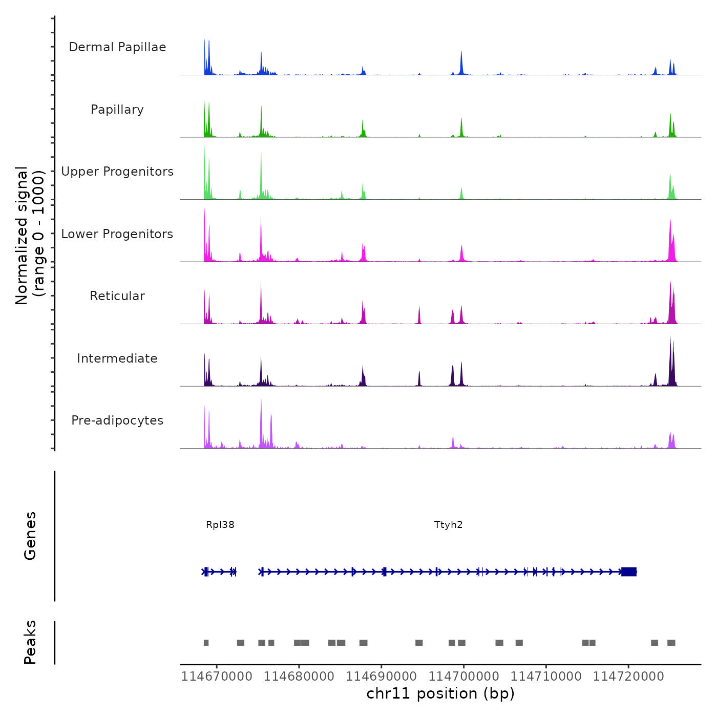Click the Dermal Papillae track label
point(117,47)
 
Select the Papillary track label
point(117,110)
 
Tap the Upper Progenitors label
point(117,172)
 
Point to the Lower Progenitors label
point(117,234)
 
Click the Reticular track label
point(117,296)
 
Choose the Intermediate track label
point(117,358)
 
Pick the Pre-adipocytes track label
point(117,420)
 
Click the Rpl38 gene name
point(220,524)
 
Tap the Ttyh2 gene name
point(448,524)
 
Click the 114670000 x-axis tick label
point(217,677)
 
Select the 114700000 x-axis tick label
point(464,677)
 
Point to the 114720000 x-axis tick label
point(628,677)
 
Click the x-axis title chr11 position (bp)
point(440,693)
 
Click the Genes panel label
point(30,536)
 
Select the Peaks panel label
point(30,642)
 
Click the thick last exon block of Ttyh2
point(629,572)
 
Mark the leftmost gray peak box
point(206,643)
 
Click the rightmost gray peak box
point(671,643)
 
